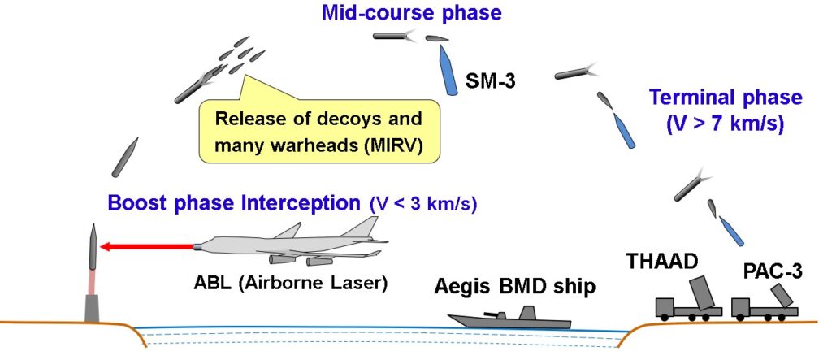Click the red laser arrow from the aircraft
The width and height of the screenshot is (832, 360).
click(x=148, y=246)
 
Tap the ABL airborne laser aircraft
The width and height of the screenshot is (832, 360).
click(x=291, y=245)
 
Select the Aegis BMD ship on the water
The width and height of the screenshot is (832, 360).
click(x=509, y=318)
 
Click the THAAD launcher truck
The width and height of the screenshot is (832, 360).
click(x=689, y=300)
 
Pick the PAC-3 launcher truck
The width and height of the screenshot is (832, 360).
click(x=764, y=303)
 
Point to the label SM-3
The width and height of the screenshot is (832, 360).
click(x=490, y=81)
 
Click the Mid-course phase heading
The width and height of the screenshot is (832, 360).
click(x=412, y=12)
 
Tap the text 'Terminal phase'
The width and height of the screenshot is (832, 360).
click(x=726, y=98)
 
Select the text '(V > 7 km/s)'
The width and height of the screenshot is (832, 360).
click(x=726, y=124)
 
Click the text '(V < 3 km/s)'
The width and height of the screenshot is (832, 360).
click(x=422, y=204)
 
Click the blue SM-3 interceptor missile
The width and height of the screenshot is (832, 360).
click(x=448, y=70)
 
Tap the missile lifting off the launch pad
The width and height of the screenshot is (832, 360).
click(x=93, y=246)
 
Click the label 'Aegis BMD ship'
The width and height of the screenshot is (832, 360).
click(x=514, y=287)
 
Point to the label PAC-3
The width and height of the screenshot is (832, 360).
click(x=773, y=272)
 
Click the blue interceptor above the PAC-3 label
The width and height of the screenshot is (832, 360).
click(x=732, y=231)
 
